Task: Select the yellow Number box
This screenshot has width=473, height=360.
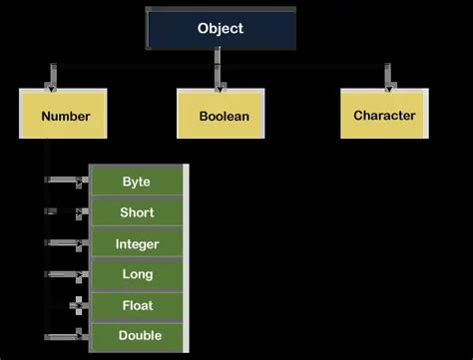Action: [x=65, y=116]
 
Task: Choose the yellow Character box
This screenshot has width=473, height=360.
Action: [x=384, y=115]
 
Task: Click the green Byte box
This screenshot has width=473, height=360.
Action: [x=137, y=181]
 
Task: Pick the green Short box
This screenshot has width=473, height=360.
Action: [x=137, y=212]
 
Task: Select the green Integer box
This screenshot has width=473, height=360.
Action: [x=137, y=243]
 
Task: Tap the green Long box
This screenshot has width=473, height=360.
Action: [x=137, y=274]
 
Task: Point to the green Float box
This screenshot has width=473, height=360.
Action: [x=137, y=305]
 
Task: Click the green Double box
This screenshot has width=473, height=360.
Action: [x=137, y=336]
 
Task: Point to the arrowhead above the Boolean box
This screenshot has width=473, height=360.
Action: [x=216, y=81]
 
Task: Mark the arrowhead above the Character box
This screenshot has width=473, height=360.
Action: [x=387, y=81]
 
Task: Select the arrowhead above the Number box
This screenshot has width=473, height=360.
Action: [x=53, y=81]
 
